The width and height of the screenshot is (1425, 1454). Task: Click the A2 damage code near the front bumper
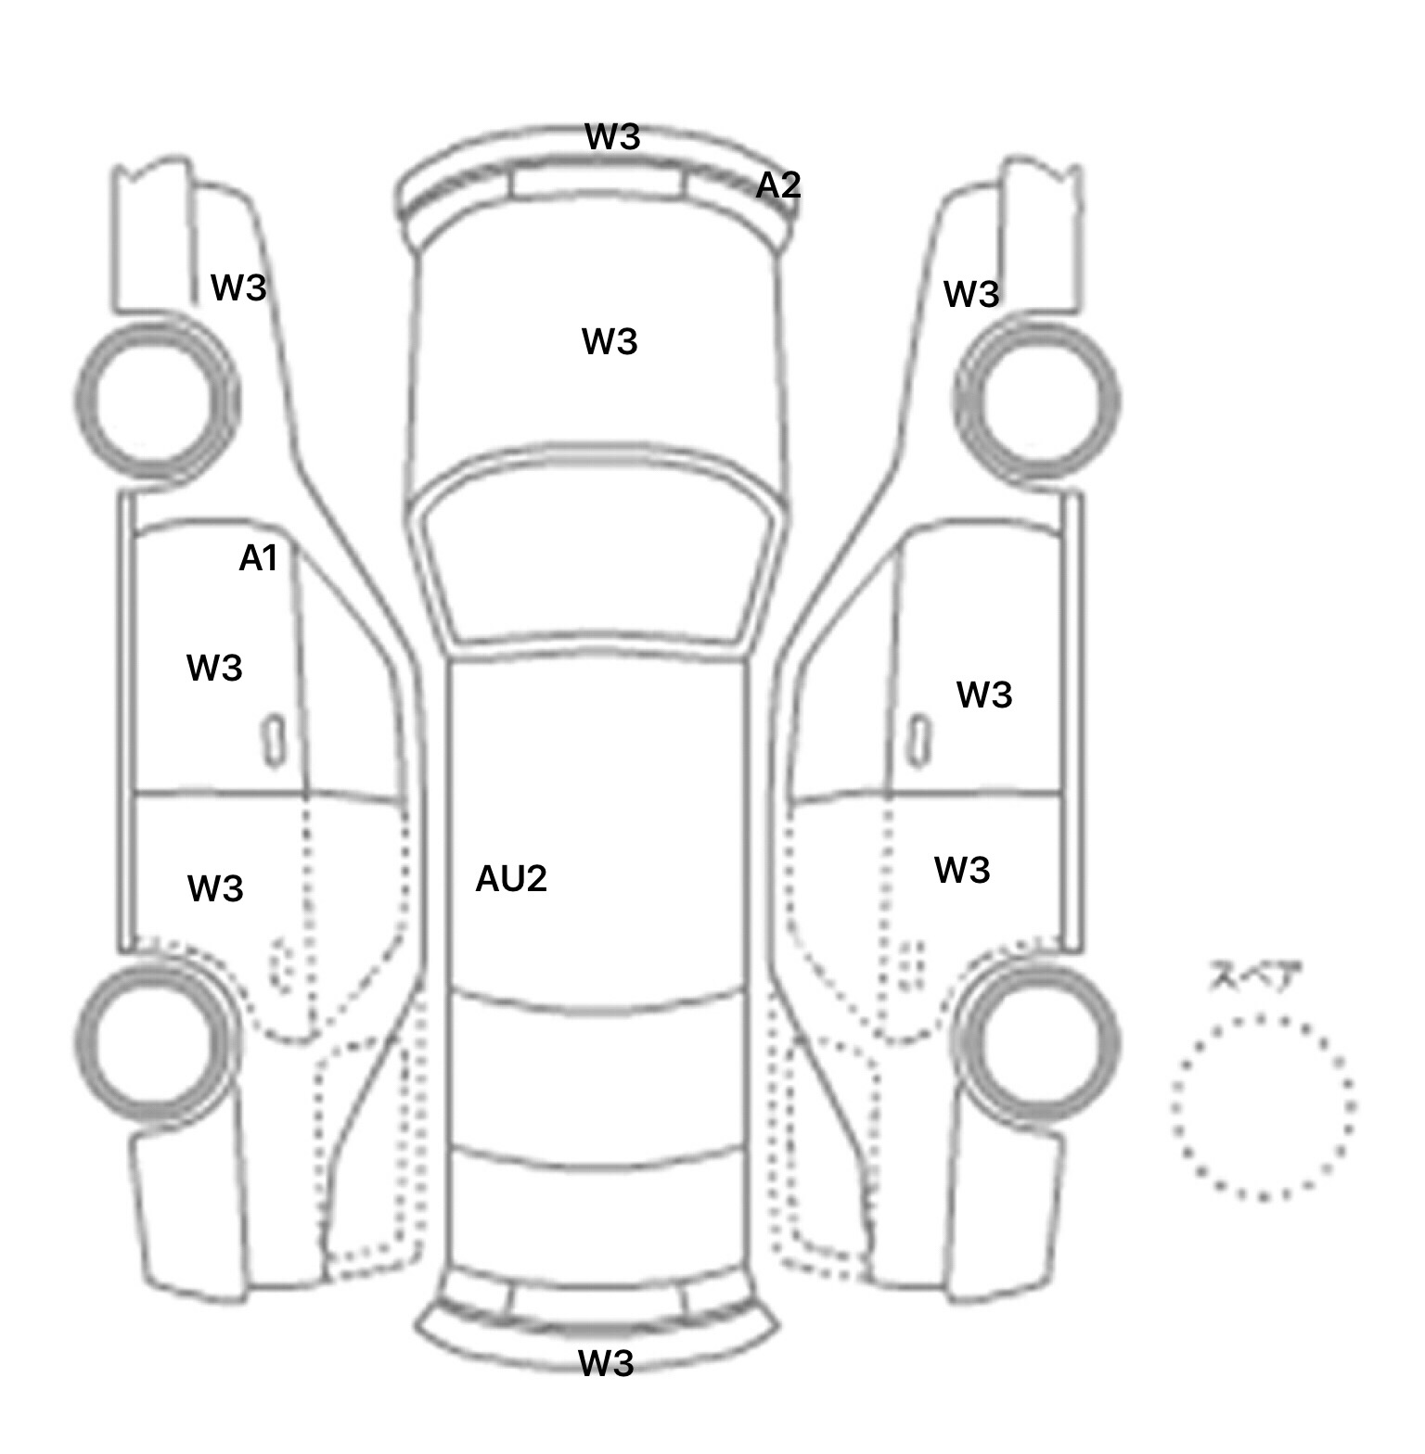coord(777,185)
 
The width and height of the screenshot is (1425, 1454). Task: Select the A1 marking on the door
coord(258,558)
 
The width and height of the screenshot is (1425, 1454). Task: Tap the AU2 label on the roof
coord(511,879)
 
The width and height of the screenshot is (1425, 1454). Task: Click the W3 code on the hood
coord(610,342)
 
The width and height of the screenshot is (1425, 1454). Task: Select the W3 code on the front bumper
coord(612,136)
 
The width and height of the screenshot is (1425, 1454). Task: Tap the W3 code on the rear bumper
coord(606,1363)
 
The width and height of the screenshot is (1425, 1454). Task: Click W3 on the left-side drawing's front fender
coord(238,288)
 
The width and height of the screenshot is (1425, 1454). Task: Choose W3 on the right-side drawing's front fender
coord(971,295)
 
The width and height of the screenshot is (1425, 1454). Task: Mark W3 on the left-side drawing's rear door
coord(215,889)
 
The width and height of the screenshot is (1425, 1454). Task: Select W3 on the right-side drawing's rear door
coord(962,871)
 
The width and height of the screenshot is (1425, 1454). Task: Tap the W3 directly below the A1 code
coord(214,669)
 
